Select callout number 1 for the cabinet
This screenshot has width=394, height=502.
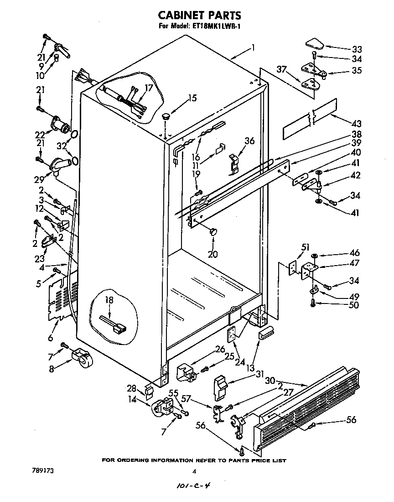(253, 47)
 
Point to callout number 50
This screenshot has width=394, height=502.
(354, 305)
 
